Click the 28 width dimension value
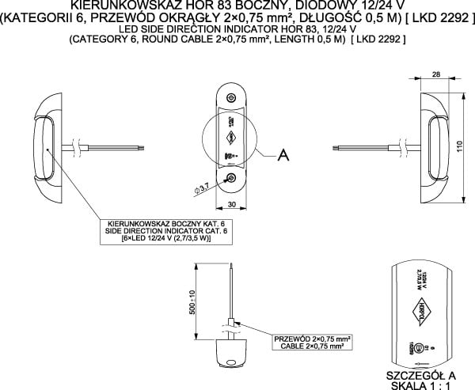436,74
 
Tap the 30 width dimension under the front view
232,204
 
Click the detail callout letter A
282,157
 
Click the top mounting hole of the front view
231,97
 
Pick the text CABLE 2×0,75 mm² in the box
313,346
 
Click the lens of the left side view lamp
44,146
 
